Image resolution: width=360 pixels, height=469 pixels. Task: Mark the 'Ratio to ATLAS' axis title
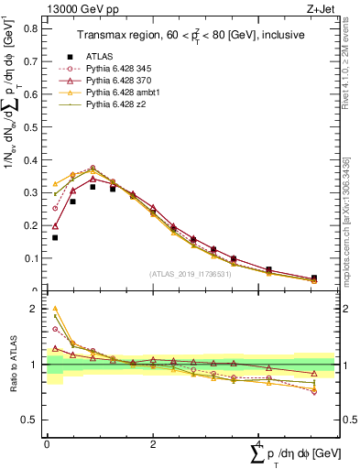pyautogui.click(x=12, y=365)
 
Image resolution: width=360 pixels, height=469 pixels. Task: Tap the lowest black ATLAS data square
pyautogui.click(x=55, y=237)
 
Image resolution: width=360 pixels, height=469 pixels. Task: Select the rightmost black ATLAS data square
pyautogui.click(x=314, y=278)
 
